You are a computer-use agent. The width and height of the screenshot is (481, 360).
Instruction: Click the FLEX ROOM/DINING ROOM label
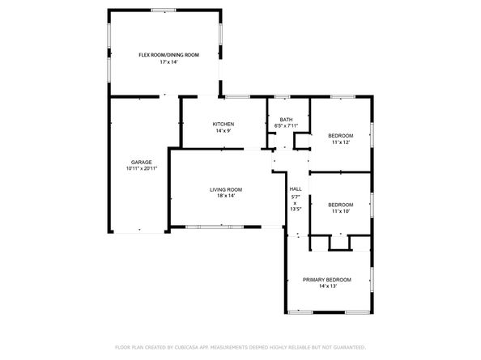click(168, 55)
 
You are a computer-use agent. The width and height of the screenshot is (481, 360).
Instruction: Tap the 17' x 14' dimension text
click(168, 63)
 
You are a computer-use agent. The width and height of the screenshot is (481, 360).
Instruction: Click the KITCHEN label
click(223, 124)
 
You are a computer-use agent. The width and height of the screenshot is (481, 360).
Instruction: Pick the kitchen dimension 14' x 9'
click(223, 131)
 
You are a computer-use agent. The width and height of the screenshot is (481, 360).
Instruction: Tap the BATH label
click(287, 119)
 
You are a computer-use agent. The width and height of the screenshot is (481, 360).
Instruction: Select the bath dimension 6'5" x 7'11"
click(287, 125)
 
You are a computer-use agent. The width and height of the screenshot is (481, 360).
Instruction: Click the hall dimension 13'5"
click(296, 209)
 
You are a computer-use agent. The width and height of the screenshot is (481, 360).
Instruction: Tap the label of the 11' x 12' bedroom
click(340, 135)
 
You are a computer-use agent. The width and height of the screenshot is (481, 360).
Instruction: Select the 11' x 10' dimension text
click(340, 212)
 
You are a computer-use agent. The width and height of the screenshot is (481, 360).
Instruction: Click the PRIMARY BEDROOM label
click(327, 279)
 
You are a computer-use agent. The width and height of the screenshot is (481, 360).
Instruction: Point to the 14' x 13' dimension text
click(327, 286)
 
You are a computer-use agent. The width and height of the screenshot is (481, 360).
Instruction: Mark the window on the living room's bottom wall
click(209, 227)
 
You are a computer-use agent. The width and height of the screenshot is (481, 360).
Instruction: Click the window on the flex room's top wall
click(164, 11)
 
